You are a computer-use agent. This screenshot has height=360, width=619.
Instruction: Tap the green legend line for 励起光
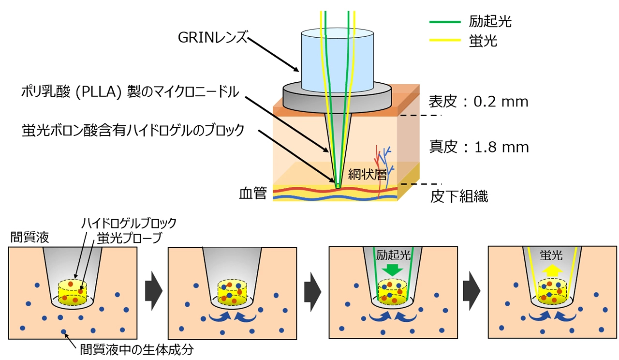click(445, 22)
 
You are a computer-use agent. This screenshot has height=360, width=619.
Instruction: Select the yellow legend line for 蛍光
click(445, 41)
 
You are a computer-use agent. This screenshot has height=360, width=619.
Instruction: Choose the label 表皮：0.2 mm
click(478, 102)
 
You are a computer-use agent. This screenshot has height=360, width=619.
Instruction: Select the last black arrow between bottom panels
click(472, 291)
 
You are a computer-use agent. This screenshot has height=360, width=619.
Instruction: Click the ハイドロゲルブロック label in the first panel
click(129, 224)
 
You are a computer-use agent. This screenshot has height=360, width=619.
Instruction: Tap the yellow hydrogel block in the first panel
click(73, 293)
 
